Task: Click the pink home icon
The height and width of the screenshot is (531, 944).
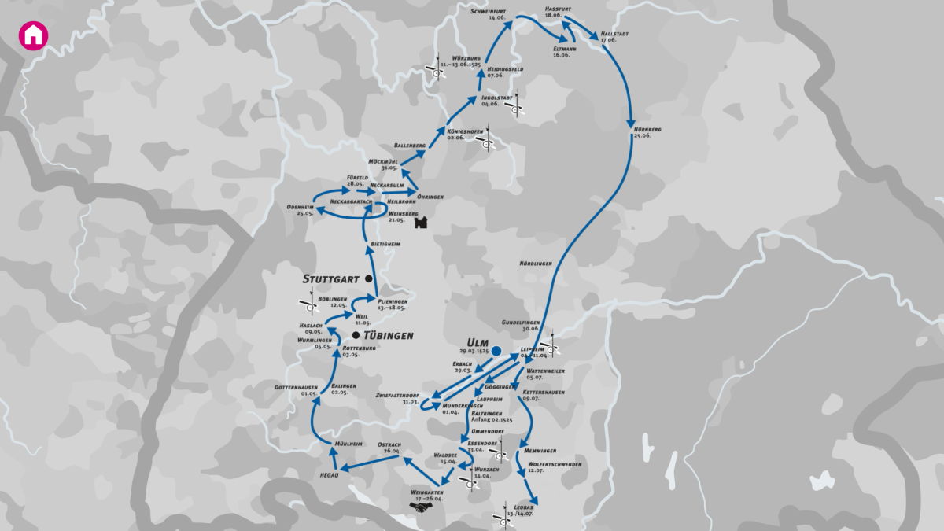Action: (34, 35)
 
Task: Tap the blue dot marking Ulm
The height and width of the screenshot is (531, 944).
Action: (496, 351)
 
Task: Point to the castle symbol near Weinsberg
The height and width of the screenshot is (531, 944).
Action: (421, 222)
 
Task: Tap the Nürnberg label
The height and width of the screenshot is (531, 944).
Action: (647, 129)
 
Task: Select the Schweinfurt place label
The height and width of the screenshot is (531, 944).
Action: (488, 12)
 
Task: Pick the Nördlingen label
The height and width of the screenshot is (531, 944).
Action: (535, 263)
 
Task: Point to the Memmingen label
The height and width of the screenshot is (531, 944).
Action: (540, 451)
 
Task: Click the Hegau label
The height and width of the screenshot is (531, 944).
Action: (329, 474)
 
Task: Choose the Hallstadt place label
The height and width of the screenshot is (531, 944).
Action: (615, 35)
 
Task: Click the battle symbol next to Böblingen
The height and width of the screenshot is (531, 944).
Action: (308, 304)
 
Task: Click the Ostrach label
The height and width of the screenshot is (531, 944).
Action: (389, 444)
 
